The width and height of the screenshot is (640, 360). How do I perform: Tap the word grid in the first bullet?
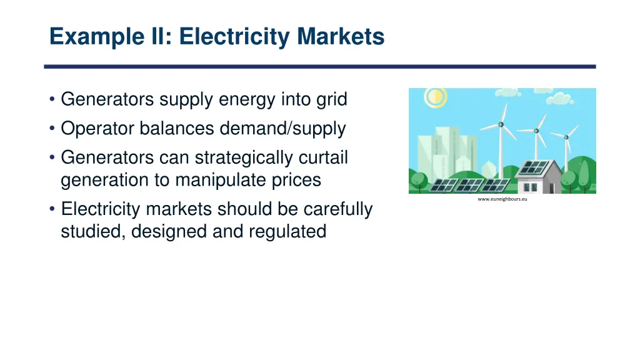(332, 99)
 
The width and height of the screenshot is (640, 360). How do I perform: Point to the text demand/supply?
(282, 129)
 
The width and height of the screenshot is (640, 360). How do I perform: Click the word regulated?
(287, 231)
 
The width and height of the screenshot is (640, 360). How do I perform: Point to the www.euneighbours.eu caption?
(502, 199)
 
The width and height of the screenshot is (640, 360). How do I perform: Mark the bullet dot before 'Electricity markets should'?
(52, 209)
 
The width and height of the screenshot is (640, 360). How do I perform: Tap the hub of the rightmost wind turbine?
(566, 137)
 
